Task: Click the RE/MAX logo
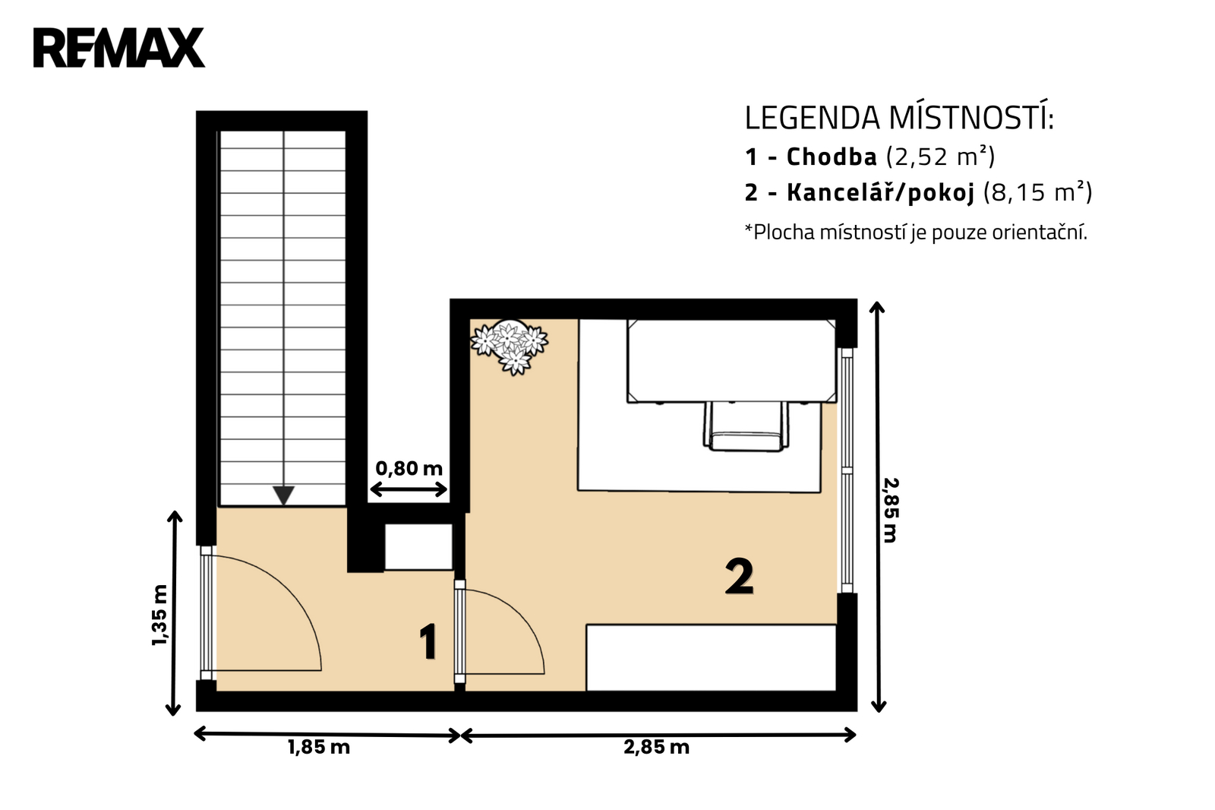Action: (x=118, y=47)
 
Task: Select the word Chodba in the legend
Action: (x=832, y=157)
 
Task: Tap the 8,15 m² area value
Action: (x=1037, y=192)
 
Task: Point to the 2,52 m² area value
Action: (x=941, y=157)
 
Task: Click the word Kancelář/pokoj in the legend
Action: (x=880, y=193)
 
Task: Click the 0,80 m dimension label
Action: (x=409, y=468)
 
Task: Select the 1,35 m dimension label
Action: (x=160, y=615)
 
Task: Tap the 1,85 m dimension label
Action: (x=318, y=748)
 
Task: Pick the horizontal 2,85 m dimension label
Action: (x=656, y=748)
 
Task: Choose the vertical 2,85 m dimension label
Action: (x=891, y=510)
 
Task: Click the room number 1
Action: (x=428, y=642)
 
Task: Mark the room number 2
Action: (x=740, y=577)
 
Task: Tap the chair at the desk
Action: (x=746, y=427)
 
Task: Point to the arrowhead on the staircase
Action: (x=283, y=495)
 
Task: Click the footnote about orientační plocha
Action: (x=916, y=233)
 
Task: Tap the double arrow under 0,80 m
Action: (x=409, y=490)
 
